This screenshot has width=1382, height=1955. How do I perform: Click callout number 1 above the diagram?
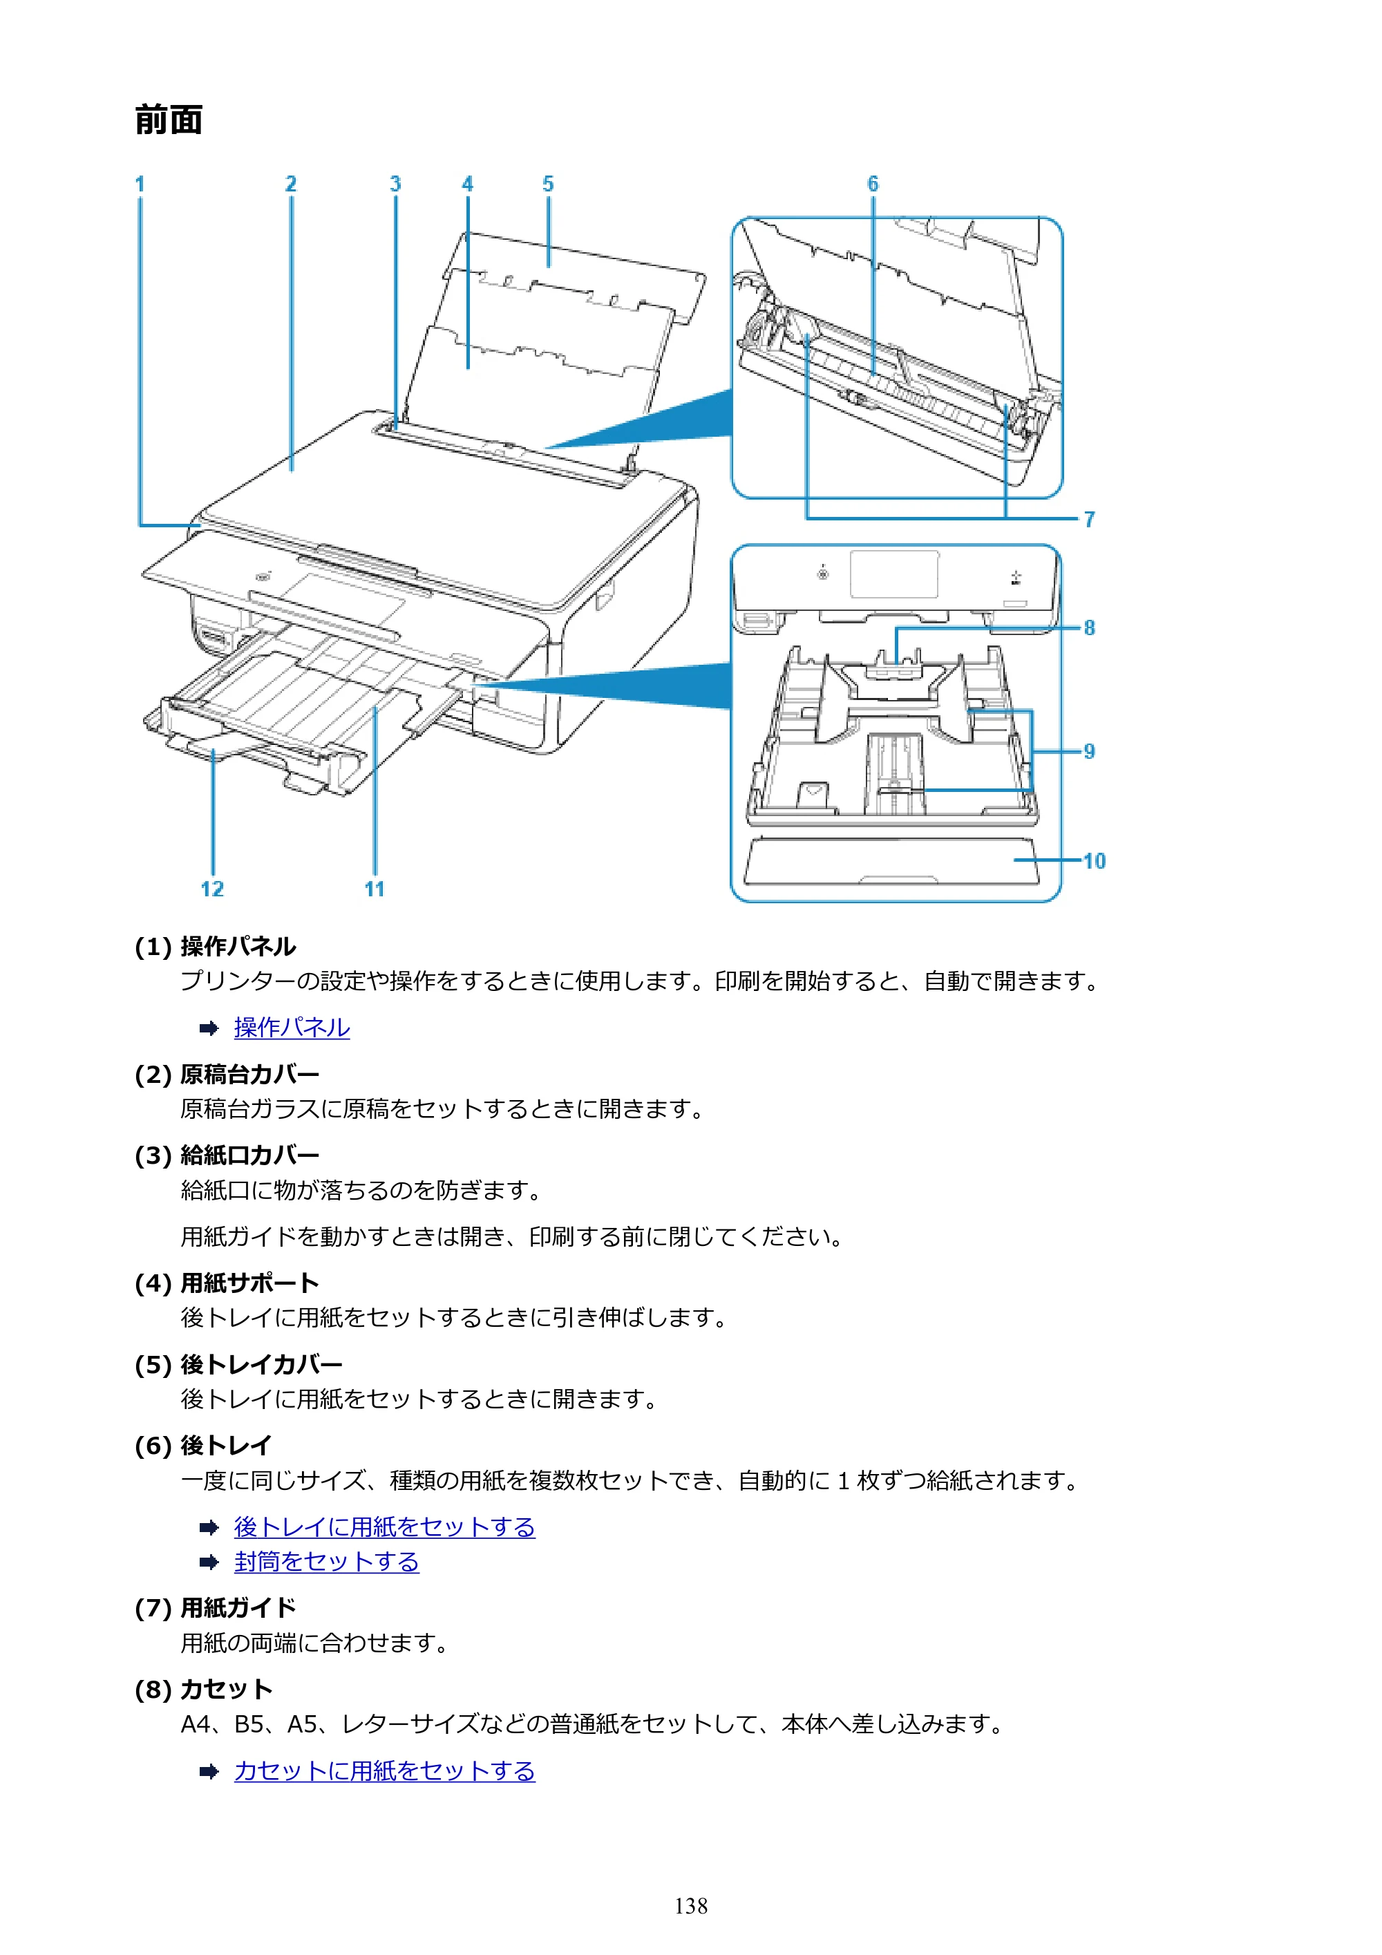tap(140, 184)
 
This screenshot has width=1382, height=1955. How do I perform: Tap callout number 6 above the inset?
tap(873, 184)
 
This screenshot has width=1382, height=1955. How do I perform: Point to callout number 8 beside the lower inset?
tap(1089, 627)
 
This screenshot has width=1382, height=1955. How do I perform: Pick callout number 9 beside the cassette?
tap(1089, 751)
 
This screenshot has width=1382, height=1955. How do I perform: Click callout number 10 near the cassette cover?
tap(1094, 861)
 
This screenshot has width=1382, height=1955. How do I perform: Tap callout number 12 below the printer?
tap(212, 889)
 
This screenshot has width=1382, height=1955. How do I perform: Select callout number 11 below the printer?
tap(375, 889)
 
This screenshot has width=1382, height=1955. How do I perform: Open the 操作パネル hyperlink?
tap(292, 1028)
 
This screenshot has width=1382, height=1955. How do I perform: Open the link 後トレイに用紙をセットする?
tap(385, 1527)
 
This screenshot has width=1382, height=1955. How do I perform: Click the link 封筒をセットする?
tap(327, 1562)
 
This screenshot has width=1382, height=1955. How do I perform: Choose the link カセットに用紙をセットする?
tap(385, 1771)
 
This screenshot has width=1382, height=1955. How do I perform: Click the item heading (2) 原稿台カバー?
tap(227, 1075)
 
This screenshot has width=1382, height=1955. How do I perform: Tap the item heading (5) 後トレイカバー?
tap(238, 1365)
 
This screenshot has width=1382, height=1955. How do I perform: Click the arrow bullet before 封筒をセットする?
tap(209, 1562)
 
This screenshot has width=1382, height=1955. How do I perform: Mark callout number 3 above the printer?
tap(395, 184)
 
